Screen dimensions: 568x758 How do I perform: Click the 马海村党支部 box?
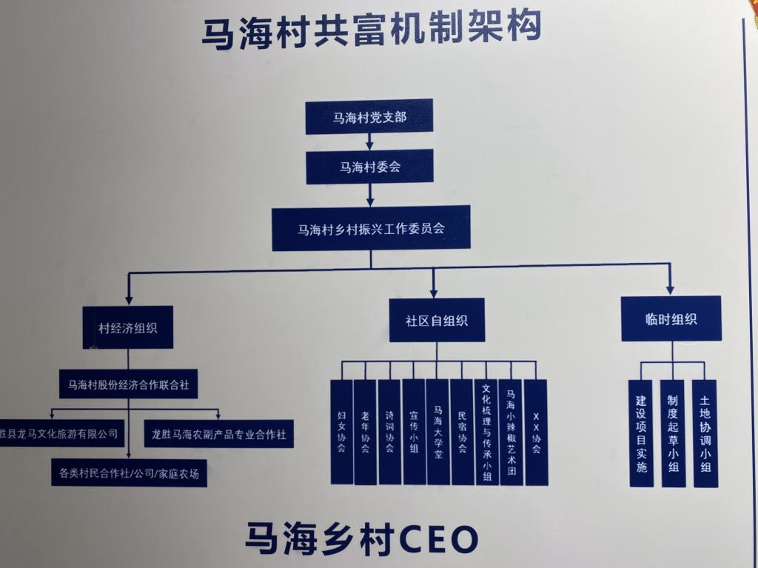coord(369,118)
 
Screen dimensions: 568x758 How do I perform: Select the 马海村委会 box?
coord(369,167)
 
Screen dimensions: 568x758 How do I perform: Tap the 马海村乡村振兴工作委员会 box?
coord(371,228)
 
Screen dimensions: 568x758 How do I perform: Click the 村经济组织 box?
coord(127,327)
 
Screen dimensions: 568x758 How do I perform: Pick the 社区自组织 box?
coord(436,321)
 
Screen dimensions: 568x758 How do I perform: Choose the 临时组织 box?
coord(671,319)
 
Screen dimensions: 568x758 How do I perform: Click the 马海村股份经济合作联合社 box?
coord(128,384)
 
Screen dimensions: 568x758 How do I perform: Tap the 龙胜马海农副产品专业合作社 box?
coord(218,434)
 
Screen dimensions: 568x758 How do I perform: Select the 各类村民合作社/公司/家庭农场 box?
coord(128,472)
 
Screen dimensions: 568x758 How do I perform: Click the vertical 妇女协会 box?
coord(341,432)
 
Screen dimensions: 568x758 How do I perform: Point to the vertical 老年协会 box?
coord(365,432)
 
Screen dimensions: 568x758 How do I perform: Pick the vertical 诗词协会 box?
coord(389,432)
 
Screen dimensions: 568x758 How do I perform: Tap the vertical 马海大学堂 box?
coord(437,432)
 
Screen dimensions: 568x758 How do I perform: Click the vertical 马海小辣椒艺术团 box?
coord(511,432)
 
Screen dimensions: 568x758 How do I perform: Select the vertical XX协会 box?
coord(536,432)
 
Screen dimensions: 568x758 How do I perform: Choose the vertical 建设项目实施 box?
coord(641,433)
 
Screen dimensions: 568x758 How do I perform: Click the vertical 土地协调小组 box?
coord(705,433)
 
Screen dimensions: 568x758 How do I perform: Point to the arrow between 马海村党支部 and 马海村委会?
coord(369,142)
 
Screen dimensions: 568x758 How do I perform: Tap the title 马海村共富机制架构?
coord(371,30)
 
